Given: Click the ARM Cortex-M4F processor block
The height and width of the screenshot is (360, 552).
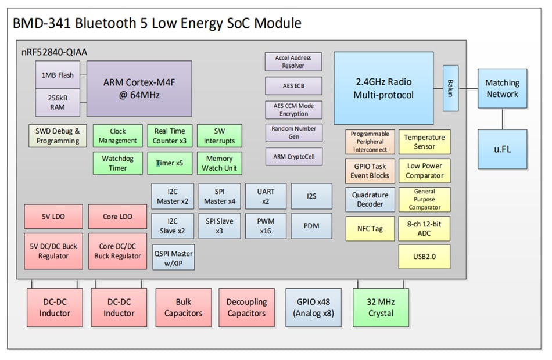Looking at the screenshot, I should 139,88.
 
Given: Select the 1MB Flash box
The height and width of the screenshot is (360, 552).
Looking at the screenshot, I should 58,75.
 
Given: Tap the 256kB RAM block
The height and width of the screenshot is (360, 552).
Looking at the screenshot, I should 58,102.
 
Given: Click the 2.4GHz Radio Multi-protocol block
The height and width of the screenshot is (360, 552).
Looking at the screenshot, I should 383,88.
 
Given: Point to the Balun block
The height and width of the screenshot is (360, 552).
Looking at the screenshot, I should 450,88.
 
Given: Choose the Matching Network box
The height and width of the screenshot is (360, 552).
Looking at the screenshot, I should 502,88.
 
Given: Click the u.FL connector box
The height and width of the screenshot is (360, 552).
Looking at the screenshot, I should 502,149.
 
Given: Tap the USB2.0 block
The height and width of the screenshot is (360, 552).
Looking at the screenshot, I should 424,256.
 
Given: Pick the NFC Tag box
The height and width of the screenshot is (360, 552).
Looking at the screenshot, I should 370,228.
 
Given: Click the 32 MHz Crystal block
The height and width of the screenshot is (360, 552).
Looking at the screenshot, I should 381,308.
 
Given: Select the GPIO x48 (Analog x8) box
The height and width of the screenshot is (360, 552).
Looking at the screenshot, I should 314,308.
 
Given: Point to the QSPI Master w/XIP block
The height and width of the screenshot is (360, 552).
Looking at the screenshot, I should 173,257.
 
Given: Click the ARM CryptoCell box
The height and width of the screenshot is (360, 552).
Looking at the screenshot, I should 293,156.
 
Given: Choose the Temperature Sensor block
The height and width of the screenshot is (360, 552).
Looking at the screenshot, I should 424,142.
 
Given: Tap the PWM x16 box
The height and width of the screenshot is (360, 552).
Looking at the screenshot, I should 266,225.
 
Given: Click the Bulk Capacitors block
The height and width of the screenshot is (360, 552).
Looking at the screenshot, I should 183,308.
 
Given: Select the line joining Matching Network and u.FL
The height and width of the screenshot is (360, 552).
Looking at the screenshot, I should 502,118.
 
